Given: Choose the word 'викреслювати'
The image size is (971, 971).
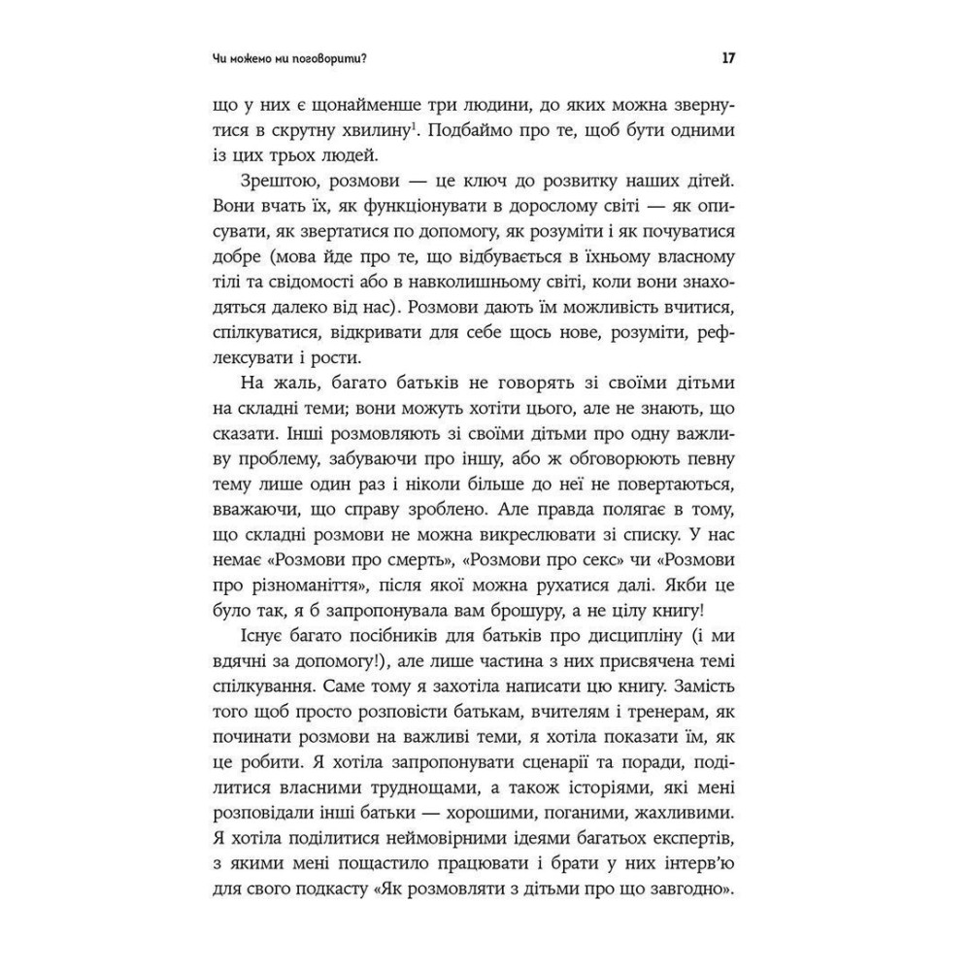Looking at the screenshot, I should click(x=524, y=533).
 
